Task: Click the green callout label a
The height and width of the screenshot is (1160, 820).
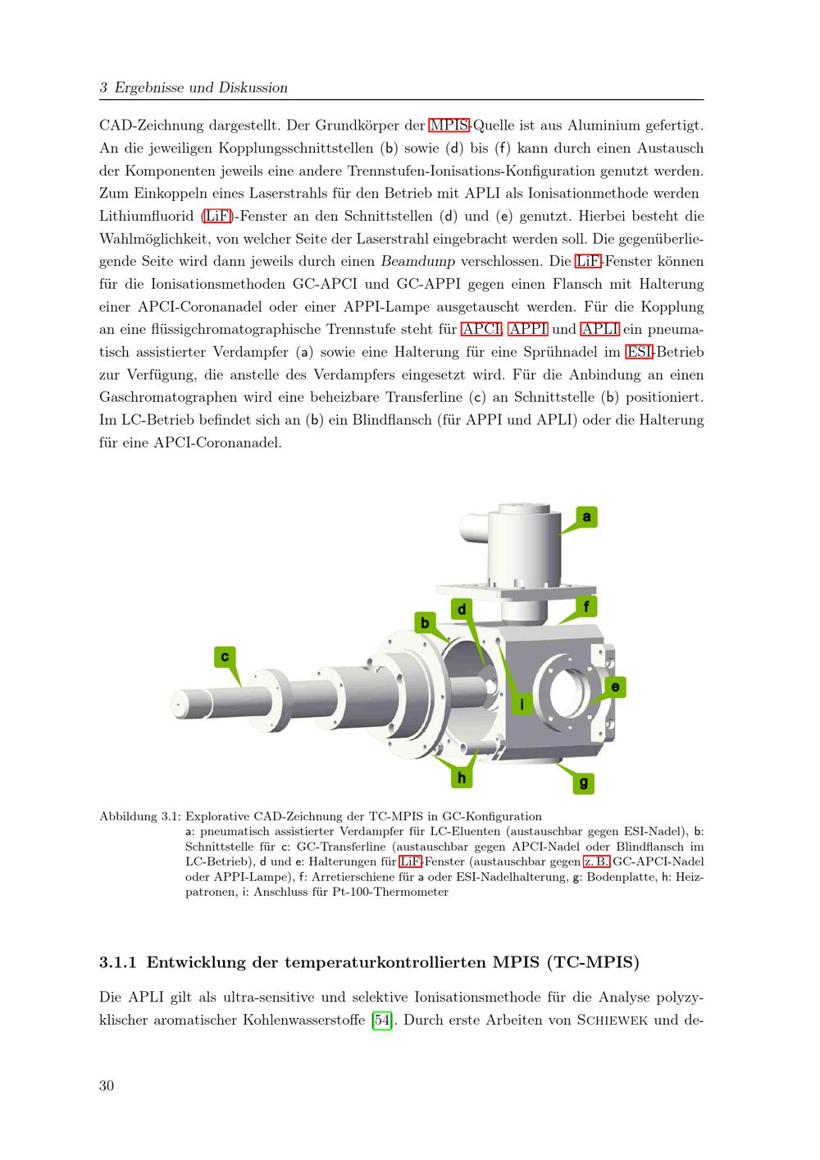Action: point(586,517)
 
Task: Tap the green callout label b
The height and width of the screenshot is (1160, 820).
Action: point(425,623)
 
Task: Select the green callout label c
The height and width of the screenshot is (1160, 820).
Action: point(225,656)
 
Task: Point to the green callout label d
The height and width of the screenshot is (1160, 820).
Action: point(462,610)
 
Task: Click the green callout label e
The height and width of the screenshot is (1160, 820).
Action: point(616,687)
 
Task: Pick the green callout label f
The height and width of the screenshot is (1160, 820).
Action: point(586,606)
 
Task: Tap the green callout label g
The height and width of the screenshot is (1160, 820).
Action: point(583,783)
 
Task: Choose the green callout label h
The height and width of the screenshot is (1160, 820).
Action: point(462,778)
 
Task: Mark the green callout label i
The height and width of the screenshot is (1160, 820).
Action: point(522,704)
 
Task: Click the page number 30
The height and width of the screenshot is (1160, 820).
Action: point(107,1085)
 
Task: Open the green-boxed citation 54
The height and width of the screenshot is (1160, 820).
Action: point(382,1021)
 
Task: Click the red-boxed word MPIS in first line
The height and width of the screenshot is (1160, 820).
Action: point(449,126)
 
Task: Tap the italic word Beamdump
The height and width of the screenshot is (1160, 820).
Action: point(418,262)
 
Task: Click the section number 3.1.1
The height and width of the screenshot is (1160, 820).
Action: point(118,962)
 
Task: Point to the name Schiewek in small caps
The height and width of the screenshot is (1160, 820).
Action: point(613,1021)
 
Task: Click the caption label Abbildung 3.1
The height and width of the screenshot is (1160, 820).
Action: point(140,816)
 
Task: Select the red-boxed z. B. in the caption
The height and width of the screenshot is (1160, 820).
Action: point(597,861)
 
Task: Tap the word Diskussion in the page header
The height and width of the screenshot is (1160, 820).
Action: point(253,87)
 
